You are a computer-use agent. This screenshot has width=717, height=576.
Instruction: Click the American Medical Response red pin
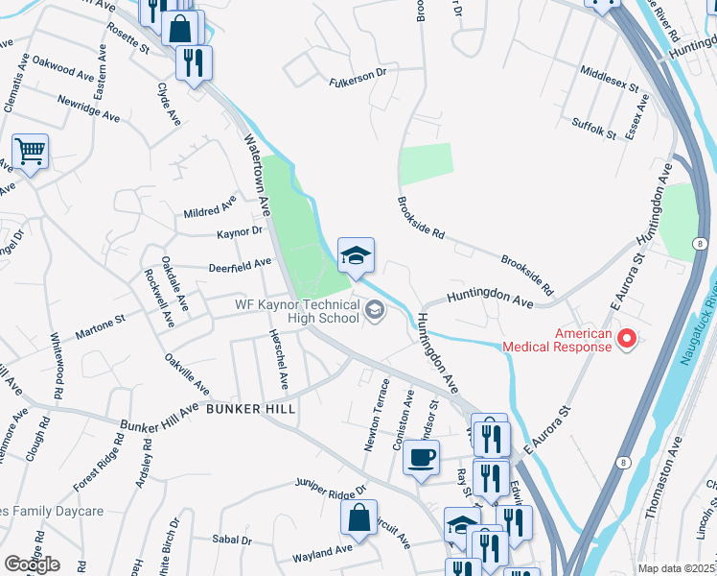coord(628,338)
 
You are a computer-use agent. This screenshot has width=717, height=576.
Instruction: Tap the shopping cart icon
coord(31,151)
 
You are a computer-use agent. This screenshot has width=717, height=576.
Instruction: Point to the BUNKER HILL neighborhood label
coord(249,408)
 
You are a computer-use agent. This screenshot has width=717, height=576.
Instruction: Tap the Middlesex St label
coord(610,79)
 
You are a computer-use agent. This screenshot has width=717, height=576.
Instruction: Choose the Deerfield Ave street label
coord(239,267)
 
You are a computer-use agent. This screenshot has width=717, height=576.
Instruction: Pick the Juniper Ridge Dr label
coord(332,485)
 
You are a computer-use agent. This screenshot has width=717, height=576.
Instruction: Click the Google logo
coord(32,564)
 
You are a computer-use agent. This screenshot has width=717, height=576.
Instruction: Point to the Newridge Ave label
coord(86,102)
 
